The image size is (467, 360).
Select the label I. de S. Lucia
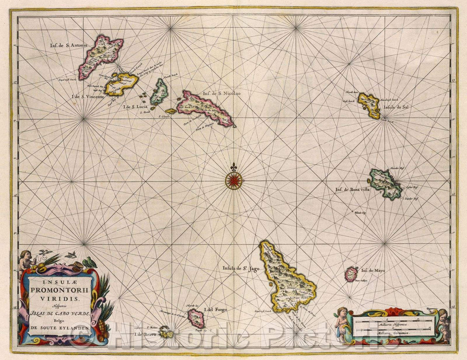[x=135, y=106]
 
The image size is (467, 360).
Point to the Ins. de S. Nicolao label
[x=219, y=92]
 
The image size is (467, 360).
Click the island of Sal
[x=369, y=105]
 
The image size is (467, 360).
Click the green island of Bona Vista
[x=384, y=183]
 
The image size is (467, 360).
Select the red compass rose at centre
[x=233, y=180]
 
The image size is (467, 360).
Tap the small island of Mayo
[x=351, y=274]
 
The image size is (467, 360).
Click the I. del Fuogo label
[x=215, y=310]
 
